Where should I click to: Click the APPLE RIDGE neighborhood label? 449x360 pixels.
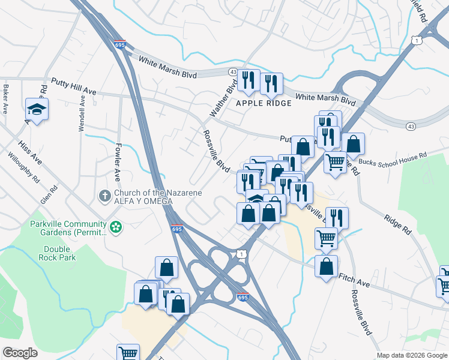point(264,103)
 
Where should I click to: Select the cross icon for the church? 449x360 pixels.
point(104,196)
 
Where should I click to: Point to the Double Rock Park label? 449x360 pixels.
point(60,253)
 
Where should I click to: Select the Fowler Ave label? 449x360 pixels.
point(118,162)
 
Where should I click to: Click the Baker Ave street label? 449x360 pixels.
point(5,99)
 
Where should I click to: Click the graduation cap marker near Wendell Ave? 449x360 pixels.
point(37,110)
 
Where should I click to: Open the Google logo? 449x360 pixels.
point(20,353)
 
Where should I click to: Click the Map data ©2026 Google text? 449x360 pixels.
point(412,355)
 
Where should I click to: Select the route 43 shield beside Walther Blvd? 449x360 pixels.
point(233,71)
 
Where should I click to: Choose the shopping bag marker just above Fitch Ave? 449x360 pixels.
point(326,266)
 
